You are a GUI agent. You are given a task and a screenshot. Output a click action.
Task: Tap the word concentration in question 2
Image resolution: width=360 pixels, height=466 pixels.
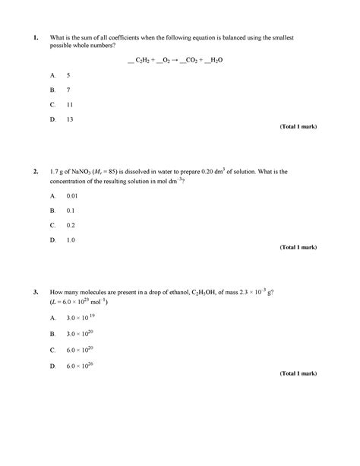pyautogui.click(x=72, y=181)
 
